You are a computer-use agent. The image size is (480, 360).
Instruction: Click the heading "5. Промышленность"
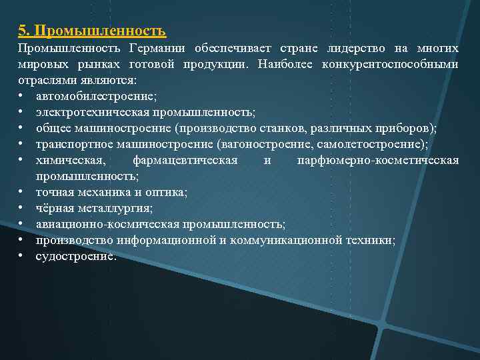92,31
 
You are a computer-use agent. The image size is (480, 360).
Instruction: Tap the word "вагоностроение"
303,145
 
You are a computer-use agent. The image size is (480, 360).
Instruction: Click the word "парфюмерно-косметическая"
377,161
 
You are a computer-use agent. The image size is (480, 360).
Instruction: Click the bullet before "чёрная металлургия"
22,209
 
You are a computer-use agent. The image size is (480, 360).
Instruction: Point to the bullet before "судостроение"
22,257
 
